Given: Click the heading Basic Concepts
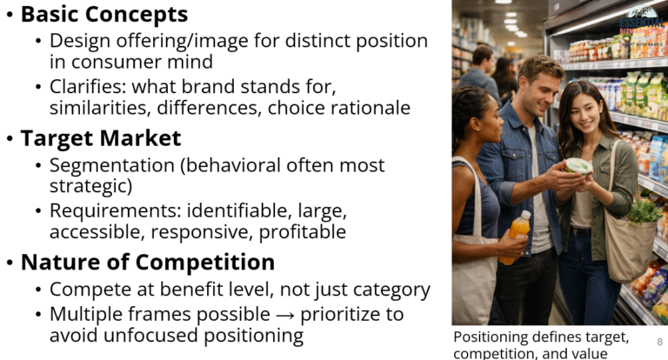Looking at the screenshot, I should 104,14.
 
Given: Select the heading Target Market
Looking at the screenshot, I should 100,138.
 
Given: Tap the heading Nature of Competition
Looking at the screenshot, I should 147,262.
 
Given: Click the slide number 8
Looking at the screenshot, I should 659,342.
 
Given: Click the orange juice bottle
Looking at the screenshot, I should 515,237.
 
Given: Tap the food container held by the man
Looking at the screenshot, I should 578,165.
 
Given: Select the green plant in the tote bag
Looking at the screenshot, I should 645,210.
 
